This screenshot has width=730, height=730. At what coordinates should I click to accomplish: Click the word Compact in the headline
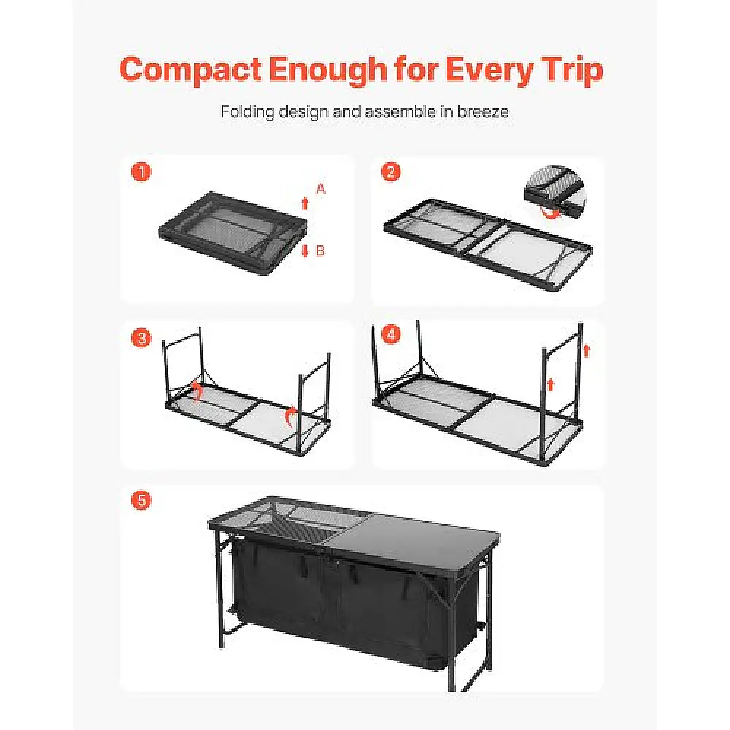pos(190,70)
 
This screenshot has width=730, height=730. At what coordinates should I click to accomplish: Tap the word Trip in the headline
pos(572,71)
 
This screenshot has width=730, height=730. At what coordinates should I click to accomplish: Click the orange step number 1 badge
pos(142,172)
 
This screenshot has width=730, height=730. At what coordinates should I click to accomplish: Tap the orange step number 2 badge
pos(391,172)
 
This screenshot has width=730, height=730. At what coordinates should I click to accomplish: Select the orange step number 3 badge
pos(142,338)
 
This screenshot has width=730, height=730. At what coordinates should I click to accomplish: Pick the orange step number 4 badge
pos(391,334)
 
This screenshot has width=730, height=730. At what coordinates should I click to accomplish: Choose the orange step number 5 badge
pos(142,500)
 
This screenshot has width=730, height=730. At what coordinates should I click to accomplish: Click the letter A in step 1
pos(320,189)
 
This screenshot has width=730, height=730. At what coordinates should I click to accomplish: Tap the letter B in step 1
pos(320,250)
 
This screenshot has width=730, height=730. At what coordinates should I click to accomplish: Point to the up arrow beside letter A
pos(305,204)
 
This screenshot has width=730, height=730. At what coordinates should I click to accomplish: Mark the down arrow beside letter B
pos(305,251)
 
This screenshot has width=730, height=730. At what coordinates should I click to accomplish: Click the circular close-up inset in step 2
pos(555,192)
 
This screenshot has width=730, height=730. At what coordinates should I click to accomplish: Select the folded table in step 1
pos(233,234)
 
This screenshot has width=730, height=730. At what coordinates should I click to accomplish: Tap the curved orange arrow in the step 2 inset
pos(550,212)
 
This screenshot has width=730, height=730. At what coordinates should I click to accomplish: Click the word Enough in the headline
pos(327,71)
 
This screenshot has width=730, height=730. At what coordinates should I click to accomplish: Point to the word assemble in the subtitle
pos(399,112)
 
